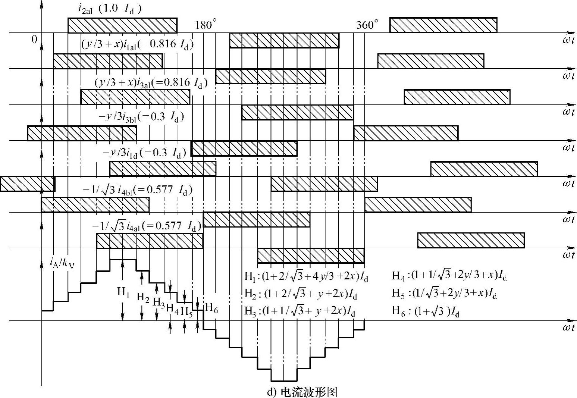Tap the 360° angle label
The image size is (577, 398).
pos(367,25)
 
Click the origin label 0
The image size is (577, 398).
pos(34,39)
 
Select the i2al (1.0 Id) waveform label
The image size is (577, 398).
pos(110,9)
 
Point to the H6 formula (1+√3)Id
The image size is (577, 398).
pos(426,311)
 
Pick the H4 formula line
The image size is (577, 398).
pos(449,276)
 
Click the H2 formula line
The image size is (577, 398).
pos(301,294)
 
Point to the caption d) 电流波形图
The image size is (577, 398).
pos(302,392)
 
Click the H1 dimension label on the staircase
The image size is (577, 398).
pos(123,292)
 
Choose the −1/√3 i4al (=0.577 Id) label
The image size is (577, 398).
pos(147,226)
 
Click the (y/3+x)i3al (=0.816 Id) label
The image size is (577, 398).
pos(151,82)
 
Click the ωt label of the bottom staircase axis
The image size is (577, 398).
pos(568,328)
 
